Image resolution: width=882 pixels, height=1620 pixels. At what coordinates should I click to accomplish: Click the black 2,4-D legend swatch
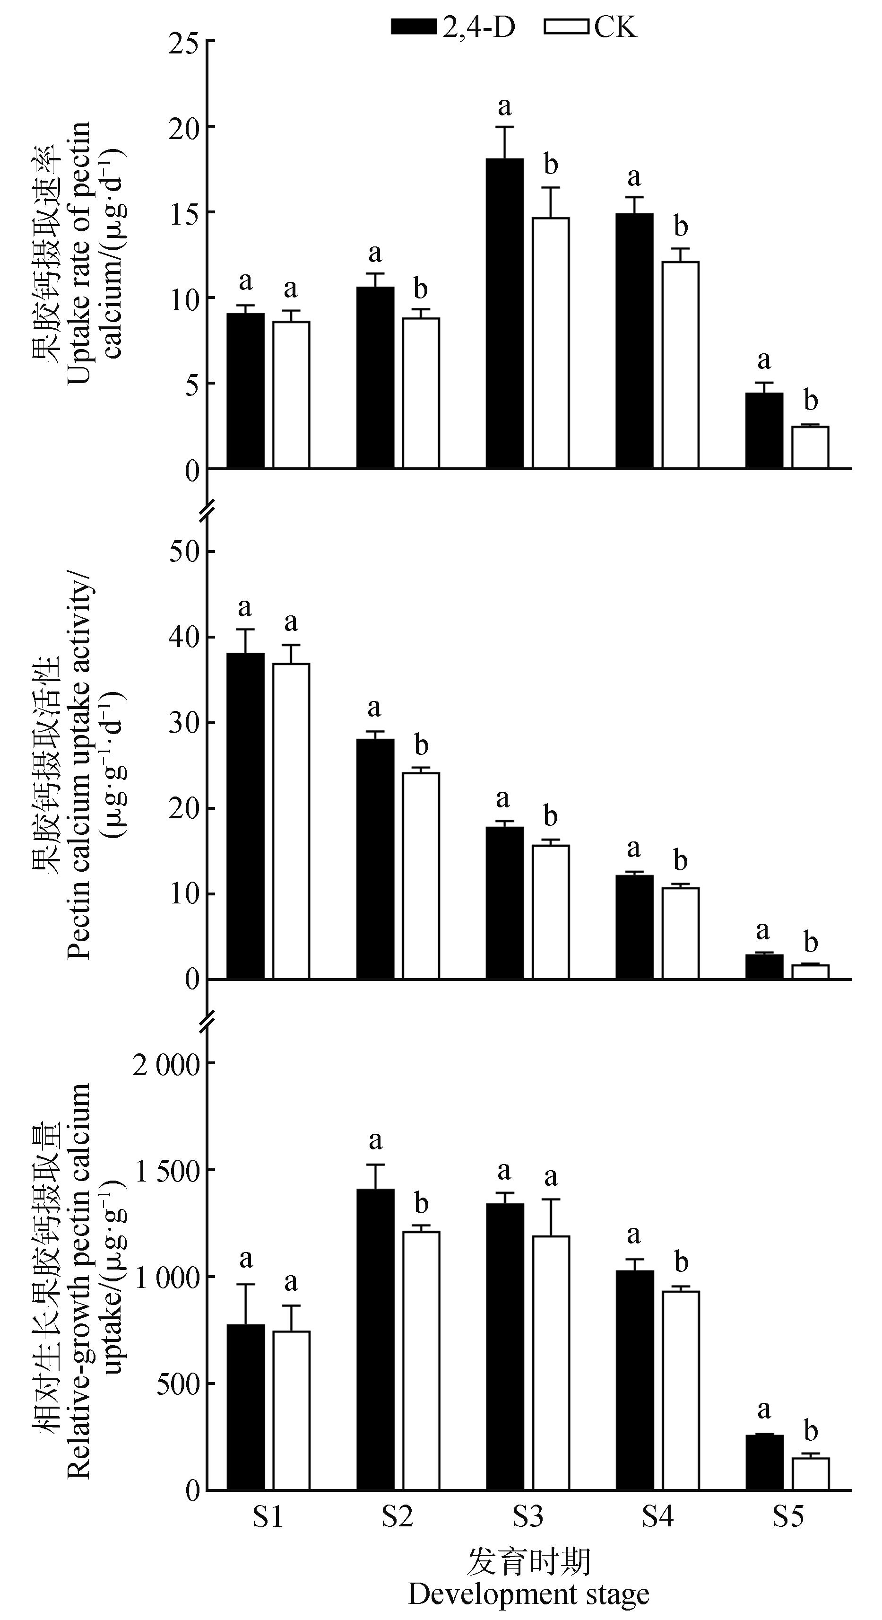point(413,27)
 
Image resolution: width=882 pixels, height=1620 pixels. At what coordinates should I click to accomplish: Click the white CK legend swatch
point(566,27)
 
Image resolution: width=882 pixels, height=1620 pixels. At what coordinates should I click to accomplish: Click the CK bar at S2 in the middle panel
point(421,876)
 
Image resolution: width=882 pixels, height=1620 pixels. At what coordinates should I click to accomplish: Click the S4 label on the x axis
point(657,1516)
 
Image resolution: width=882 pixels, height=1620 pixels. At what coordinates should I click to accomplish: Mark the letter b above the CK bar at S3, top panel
point(551,165)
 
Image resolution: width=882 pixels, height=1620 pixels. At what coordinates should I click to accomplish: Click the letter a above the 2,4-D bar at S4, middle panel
point(634,849)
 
